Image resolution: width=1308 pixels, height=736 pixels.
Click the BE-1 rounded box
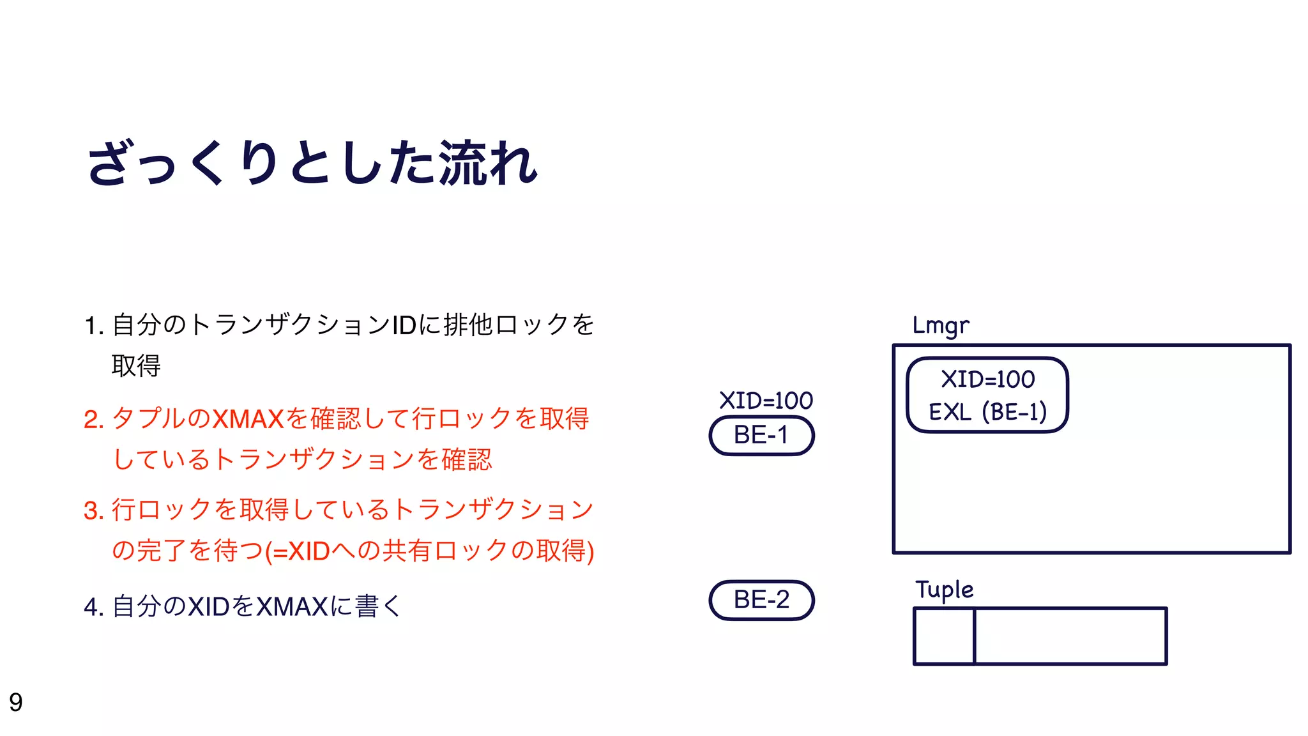click(x=761, y=436)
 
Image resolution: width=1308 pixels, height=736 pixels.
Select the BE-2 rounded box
click(x=761, y=600)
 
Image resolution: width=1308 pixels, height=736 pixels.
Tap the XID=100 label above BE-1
click(x=766, y=401)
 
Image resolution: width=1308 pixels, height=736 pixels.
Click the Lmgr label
click(x=940, y=326)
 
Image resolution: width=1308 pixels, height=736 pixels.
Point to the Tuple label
click(x=944, y=590)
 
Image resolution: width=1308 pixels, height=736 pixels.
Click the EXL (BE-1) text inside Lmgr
click(x=987, y=412)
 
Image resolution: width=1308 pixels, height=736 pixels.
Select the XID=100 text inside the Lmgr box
click(x=987, y=379)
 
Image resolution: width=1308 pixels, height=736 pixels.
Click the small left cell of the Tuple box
click(x=944, y=636)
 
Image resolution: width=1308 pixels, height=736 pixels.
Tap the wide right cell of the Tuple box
click(x=1070, y=636)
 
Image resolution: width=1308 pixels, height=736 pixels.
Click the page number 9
click(x=16, y=702)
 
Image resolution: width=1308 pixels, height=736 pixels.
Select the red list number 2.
click(x=93, y=420)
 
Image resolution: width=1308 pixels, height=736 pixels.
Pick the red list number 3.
click(x=93, y=511)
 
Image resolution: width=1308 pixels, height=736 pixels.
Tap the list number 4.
click(x=93, y=607)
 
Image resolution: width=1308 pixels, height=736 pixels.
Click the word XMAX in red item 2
click(x=248, y=420)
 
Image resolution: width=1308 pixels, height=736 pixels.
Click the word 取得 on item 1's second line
click(x=136, y=366)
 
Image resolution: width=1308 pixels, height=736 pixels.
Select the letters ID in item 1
click(x=404, y=326)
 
